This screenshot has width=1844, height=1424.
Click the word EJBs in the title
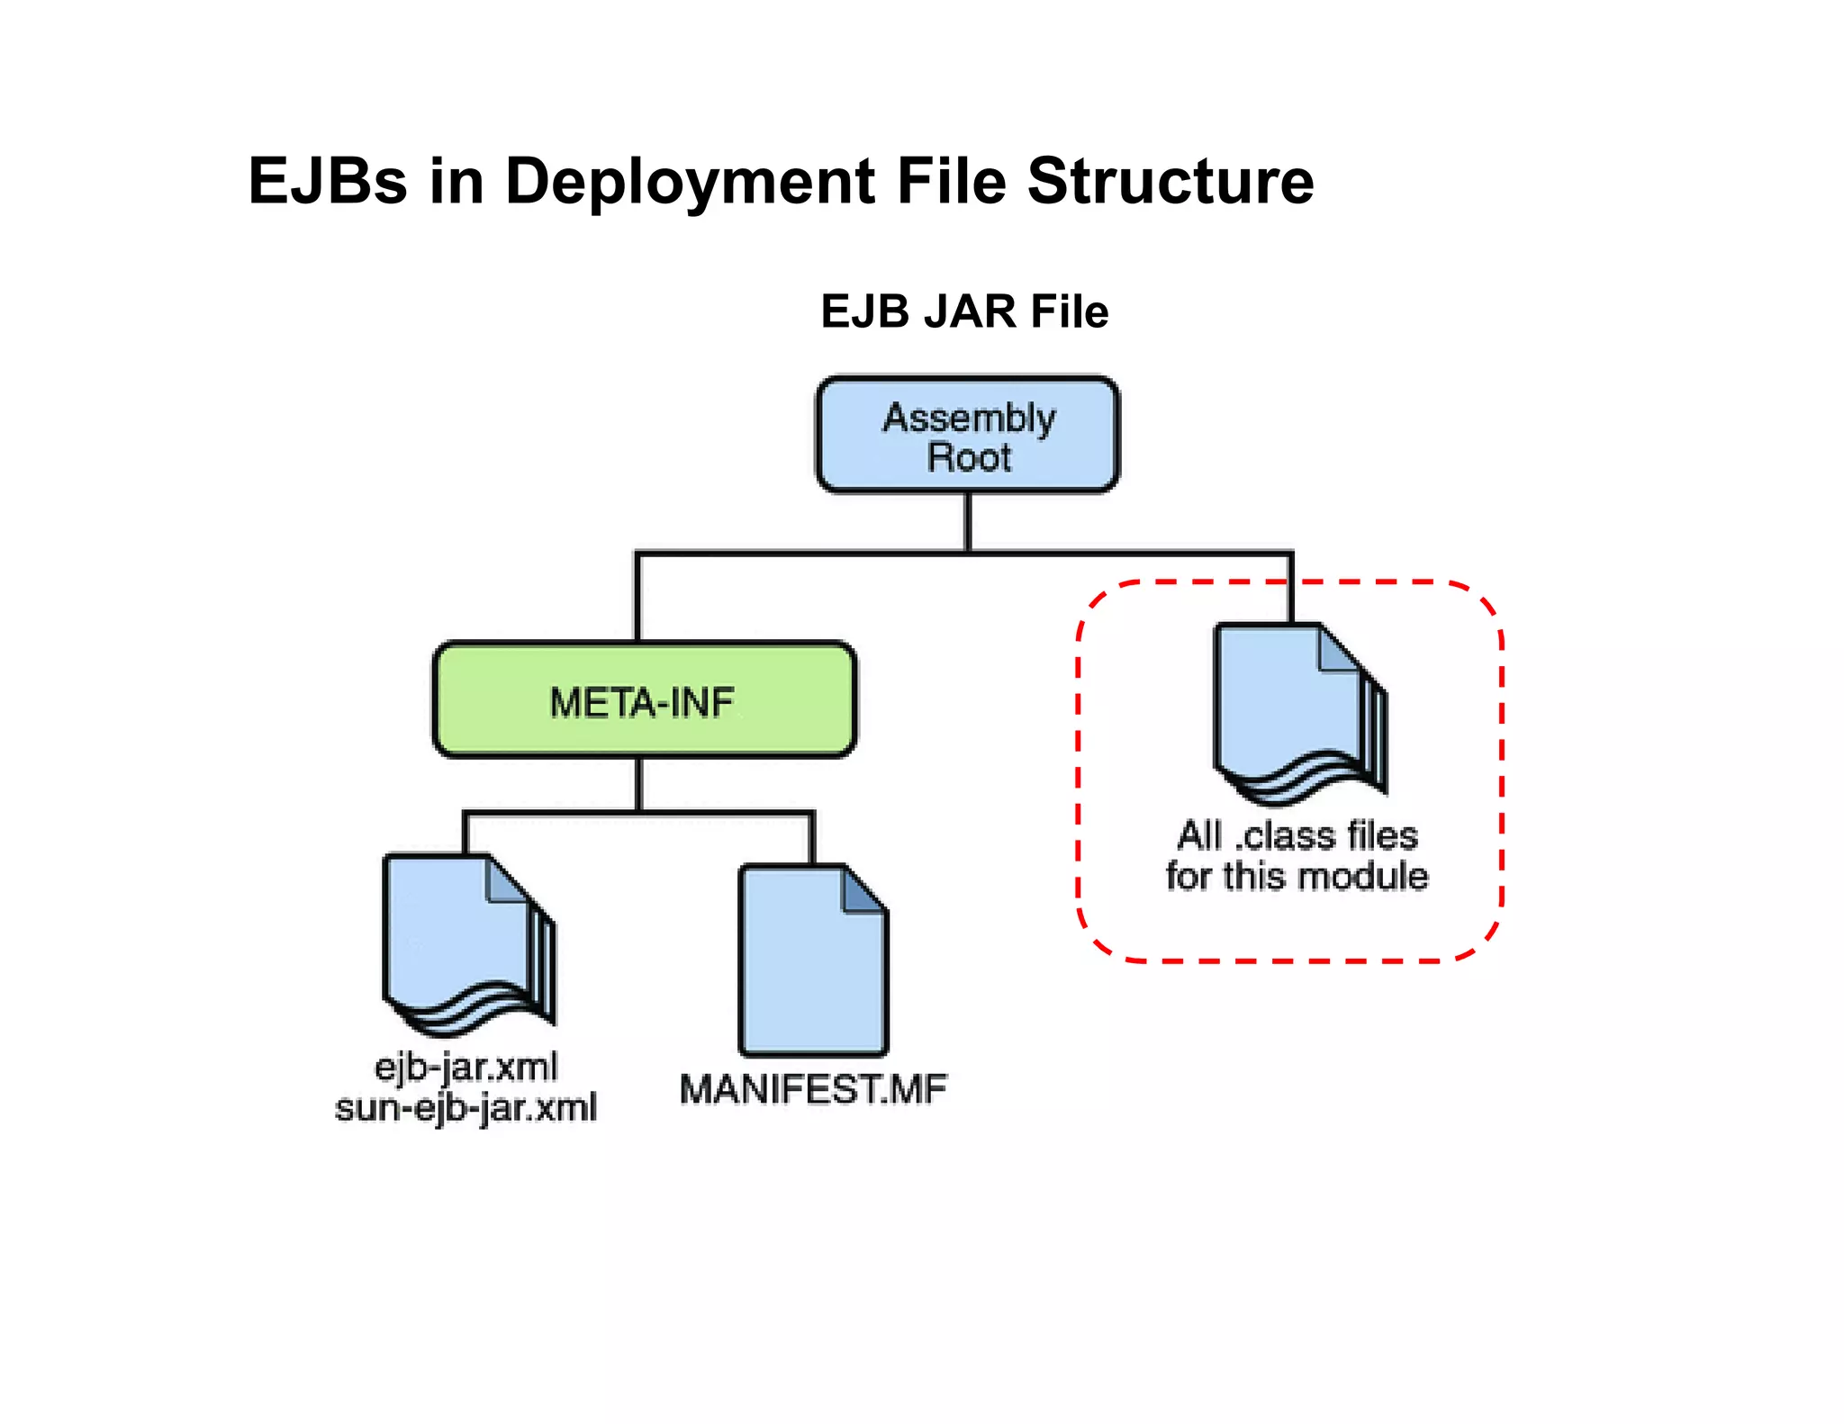pyautogui.click(x=328, y=181)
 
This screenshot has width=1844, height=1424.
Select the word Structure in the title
pyautogui.click(x=1170, y=181)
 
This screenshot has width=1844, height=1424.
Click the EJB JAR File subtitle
pyautogui.click(x=964, y=311)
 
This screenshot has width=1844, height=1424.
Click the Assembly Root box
pyautogui.click(x=968, y=435)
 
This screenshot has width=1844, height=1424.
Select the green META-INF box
pyautogui.click(x=644, y=700)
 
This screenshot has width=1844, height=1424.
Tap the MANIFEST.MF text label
pyautogui.click(x=813, y=1089)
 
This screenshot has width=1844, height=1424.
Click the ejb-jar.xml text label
pyautogui.click(x=466, y=1068)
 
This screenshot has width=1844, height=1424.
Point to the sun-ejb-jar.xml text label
pyautogui.click(x=466, y=1107)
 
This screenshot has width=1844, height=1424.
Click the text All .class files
pyautogui.click(x=1297, y=835)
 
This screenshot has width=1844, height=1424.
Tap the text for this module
pyautogui.click(x=1297, y=876)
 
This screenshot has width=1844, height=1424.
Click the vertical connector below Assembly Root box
pyautogui.click(x=968, y=522)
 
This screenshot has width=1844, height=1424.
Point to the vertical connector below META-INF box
pyautogui.click(x=639, y=784)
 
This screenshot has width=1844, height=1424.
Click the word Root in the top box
pyautogui.click(x=969, y=457)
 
